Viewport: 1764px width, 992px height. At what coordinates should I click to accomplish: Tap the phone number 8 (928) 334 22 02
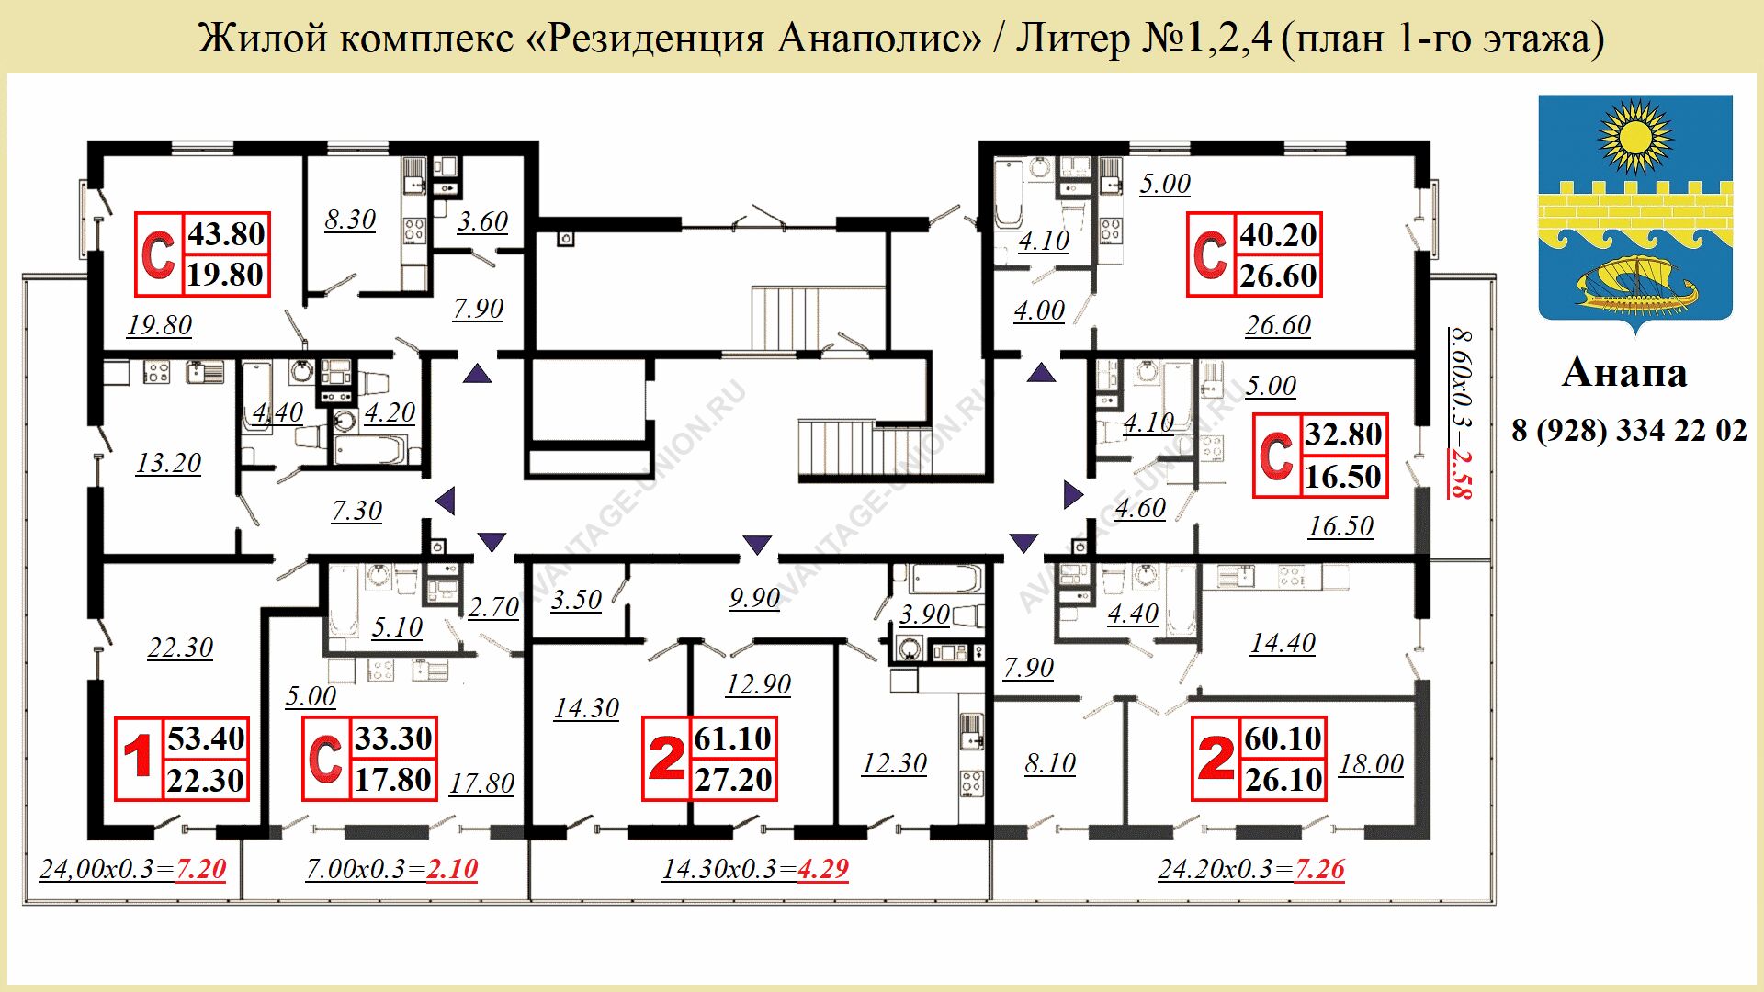(x=1629, y=430)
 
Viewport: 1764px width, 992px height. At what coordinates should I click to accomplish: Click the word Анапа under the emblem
(x=1624, y=372)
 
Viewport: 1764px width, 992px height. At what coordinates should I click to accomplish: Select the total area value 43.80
(x=226, y=234)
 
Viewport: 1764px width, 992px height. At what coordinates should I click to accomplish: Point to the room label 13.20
(x=168, y=463)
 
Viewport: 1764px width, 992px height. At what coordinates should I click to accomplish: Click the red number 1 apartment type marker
(x=138, y=758)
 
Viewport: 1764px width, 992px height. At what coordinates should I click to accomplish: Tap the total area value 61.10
(x=733, y=738)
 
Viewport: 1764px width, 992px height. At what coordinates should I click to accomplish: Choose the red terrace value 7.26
(x=1318, y=869)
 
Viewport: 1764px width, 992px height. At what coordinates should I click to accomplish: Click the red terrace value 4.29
(x=822, y=869)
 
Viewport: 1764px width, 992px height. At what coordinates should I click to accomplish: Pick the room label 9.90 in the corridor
(x=754, y=598)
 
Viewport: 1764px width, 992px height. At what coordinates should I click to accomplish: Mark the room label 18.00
(x=1371, y=764)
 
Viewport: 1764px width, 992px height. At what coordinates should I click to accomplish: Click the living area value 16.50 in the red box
(x=1343, y=477)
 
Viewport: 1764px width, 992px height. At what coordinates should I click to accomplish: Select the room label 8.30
(x=350, y=220)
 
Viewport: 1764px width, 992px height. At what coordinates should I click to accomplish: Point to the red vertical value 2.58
(x=1460, y=473)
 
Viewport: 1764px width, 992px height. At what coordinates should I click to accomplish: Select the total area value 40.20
(x=1279, y=235)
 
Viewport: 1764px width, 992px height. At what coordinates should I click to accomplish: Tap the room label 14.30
(x=586, y=708)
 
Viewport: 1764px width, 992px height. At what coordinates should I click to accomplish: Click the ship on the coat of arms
(x=1635, y=285)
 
